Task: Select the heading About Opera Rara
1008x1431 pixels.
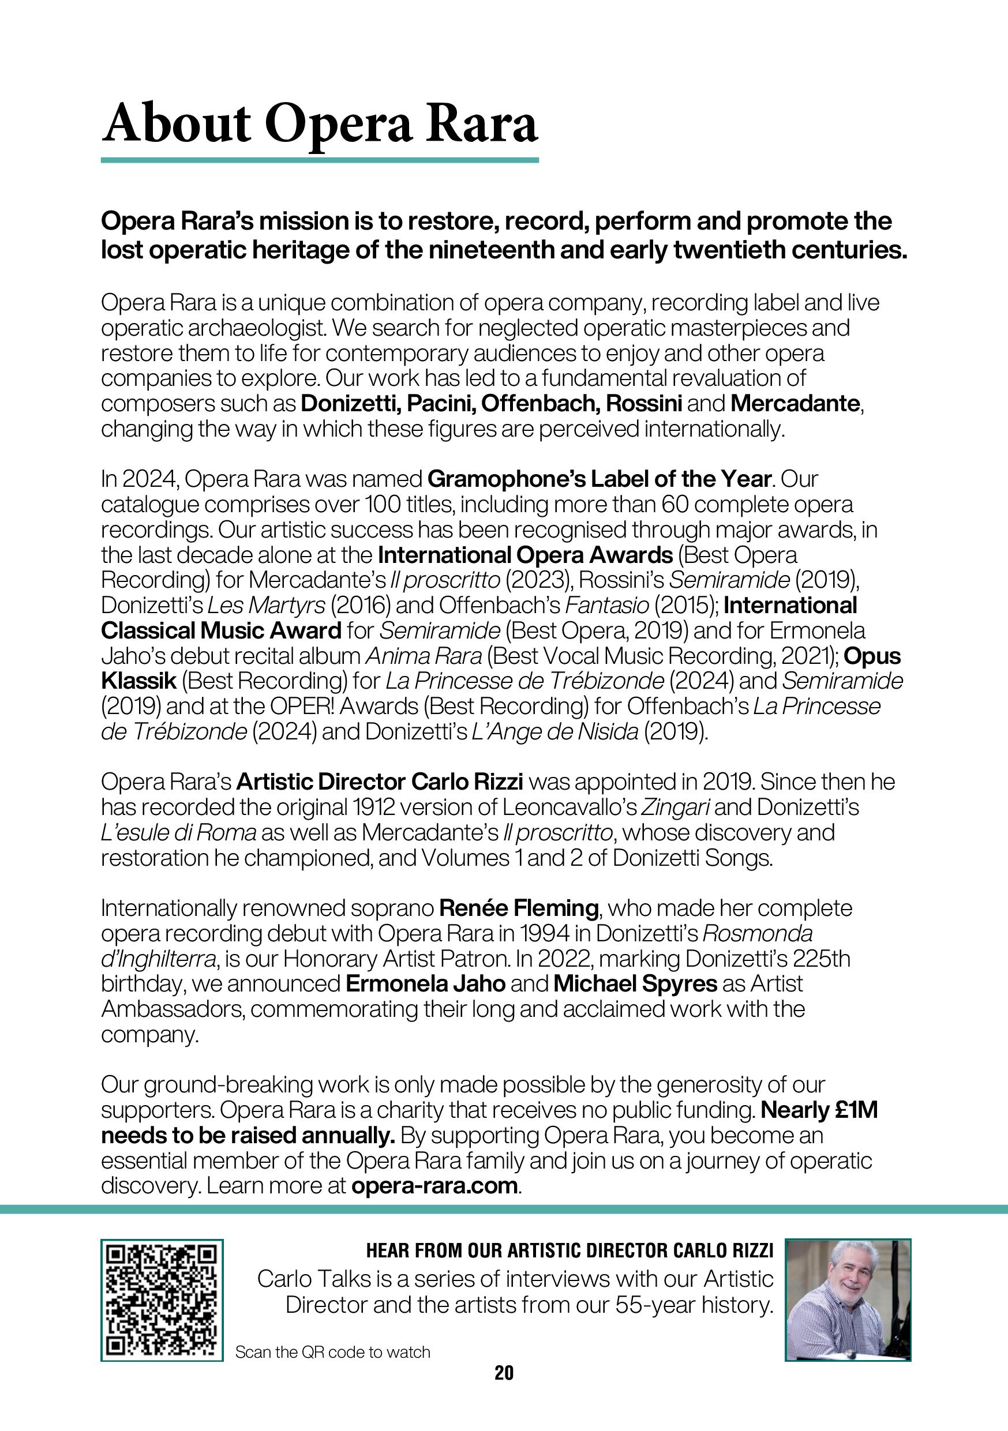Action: click(x=319, y=125)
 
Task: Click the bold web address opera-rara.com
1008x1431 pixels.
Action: click(x=434, y=1185)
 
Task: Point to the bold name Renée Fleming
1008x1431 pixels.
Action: click(x=519, y=908)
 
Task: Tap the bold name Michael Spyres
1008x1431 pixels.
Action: click(x=635, y=984)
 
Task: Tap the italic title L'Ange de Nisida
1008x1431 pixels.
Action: click(x=556, y=732)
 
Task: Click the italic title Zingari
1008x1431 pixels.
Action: click(x=675, y=807)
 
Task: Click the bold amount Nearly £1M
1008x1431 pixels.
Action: click(x=820, y=1110)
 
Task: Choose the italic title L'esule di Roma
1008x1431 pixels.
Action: click(x=178, y=833)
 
